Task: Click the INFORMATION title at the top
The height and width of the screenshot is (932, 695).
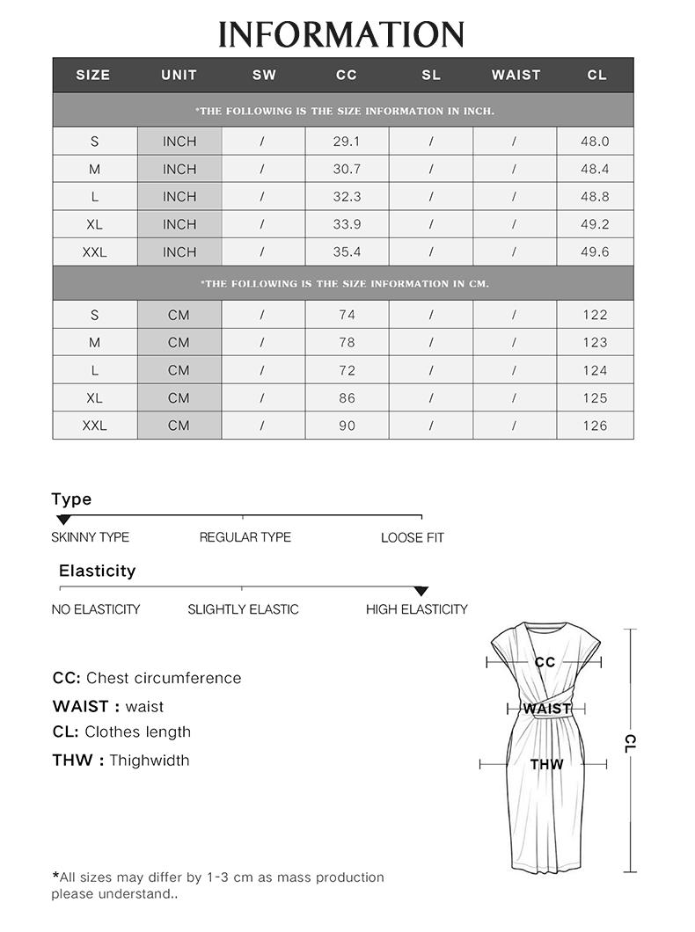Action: pos(341,34)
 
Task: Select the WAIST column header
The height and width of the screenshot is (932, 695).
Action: pos(516,75)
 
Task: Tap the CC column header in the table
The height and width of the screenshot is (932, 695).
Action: pos(347,75)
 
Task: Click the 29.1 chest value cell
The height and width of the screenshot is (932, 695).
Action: pos(347,142)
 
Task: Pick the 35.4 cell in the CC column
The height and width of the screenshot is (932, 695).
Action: pos(347,252)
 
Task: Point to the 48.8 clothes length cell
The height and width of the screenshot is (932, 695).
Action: pos(595,197)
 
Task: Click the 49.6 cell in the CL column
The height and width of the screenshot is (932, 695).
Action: pos(595,252)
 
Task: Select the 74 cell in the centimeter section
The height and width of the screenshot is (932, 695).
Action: pos(347,315)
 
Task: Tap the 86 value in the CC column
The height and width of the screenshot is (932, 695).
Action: pos(347,398)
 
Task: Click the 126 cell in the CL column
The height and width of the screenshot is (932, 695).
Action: pos(595,426)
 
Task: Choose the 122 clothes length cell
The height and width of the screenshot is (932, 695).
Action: pos(595,315)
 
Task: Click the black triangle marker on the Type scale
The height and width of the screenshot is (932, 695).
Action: pos(63,521)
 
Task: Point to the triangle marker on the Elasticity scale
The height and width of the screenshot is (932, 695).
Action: pos(421,591)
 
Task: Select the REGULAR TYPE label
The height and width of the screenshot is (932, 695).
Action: pos(245,537)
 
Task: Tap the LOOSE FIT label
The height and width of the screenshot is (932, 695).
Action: pos(412,537)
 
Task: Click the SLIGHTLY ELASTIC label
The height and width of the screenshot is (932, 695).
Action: pos(243,609)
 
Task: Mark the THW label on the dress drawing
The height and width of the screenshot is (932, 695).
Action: pos(546,765)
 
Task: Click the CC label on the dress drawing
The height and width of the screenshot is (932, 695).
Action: pos(545,662)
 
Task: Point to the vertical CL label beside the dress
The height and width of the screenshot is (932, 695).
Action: pos(630,743)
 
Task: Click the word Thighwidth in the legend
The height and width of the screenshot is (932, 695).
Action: pos(149,761)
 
